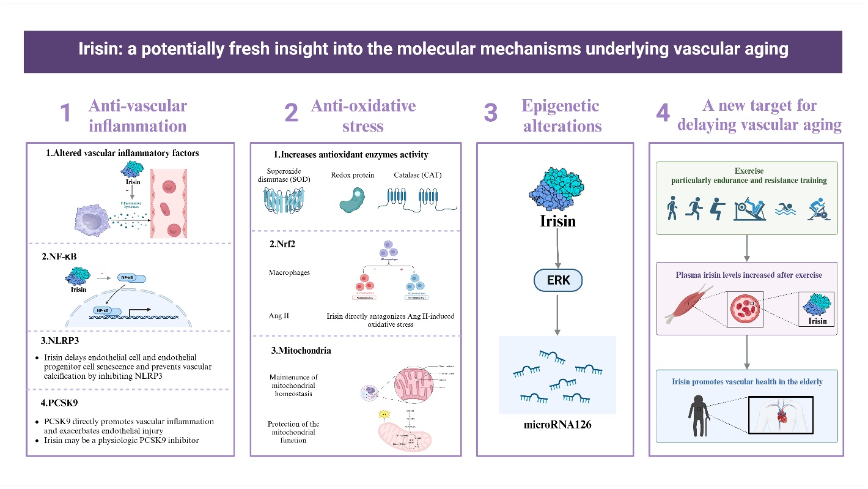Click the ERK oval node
[x=556, y=282]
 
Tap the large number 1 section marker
[x=65, y=114]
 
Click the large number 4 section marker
[x=663, y=114]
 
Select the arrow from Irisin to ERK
[x=556, y=248]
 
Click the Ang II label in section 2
[x=279, y=316]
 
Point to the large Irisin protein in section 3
[x=557, y=186]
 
